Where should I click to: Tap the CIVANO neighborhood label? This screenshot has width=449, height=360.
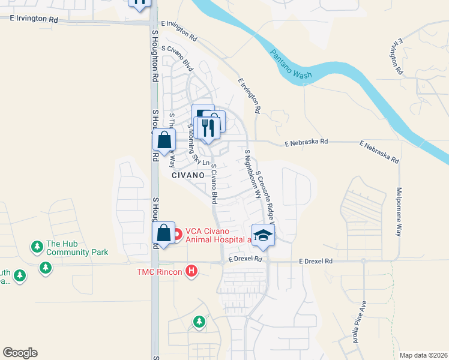(x=188, y=175)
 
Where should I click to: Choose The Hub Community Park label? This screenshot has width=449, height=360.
(x=77, y=248)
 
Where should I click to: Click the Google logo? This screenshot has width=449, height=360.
(x=20, y=353)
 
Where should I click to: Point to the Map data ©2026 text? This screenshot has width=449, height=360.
(x=423, y=355)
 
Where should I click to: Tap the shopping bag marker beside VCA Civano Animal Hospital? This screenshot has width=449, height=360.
(x=163, y=232)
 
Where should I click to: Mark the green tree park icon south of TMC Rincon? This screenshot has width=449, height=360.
(x=199, y=322)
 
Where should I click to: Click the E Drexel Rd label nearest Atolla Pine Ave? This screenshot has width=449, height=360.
(x=316, y=262)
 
